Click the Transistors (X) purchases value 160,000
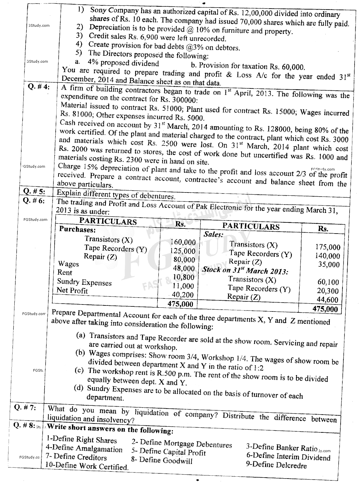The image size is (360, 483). coord(183,242)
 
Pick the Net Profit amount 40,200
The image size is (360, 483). coord(183,295)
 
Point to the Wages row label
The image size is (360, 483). coord(68,264)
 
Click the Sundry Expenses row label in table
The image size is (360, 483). coord(84,282)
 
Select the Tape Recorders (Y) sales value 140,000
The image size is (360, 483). coord(328,256)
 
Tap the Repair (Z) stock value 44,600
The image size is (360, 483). coord(328,299)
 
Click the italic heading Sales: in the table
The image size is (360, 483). coord(213,234)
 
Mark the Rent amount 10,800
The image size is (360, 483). coord(184,277)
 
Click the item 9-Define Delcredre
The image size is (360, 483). coord(276,465)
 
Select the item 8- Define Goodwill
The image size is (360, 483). coord(161,460)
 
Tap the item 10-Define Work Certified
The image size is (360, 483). coord(87,466)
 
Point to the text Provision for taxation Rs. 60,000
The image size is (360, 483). coord(248,66)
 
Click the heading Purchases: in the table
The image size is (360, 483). coord(77,229)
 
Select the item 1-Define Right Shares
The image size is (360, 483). coord(81,440)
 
